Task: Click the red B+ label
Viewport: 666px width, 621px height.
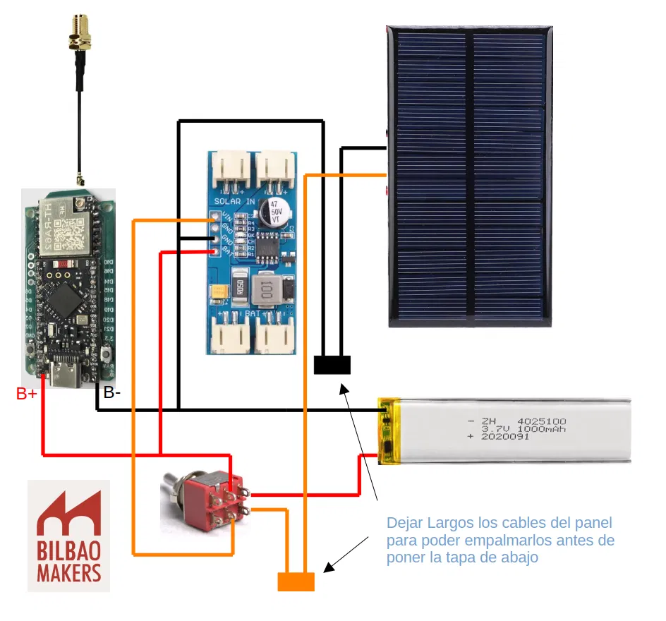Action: pos(27,394)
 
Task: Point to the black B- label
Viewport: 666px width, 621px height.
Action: pos(112,393)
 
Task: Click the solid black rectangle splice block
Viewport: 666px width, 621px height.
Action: pos(332,365)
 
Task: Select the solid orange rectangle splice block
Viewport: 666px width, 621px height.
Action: pos(296,581)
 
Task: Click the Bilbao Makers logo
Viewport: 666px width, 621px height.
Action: pos(68,535)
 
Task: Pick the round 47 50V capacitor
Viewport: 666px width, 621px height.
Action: pos(271,211)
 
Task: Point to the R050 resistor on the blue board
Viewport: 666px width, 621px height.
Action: pos(240,288)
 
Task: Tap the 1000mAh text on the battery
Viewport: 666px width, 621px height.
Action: pos(541,429)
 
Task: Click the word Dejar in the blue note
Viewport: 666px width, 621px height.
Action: pos(404,524)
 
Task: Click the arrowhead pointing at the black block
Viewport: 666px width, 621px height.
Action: pos(344,387)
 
